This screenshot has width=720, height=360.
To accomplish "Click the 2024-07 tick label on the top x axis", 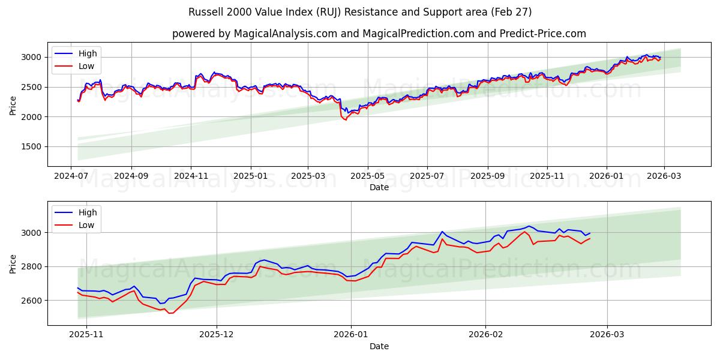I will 72,176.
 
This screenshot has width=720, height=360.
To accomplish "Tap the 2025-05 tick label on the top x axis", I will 367,176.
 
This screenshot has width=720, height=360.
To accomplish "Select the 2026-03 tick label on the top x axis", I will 664,176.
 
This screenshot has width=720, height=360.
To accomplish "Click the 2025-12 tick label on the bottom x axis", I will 217,335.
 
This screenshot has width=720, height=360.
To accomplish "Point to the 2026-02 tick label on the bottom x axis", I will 485,335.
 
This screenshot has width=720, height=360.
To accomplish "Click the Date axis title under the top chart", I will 379,187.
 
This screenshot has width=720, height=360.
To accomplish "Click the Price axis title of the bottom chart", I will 13,263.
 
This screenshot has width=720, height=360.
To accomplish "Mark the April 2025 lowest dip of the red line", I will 345,120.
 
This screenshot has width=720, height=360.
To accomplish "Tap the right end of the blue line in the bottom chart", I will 590,233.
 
